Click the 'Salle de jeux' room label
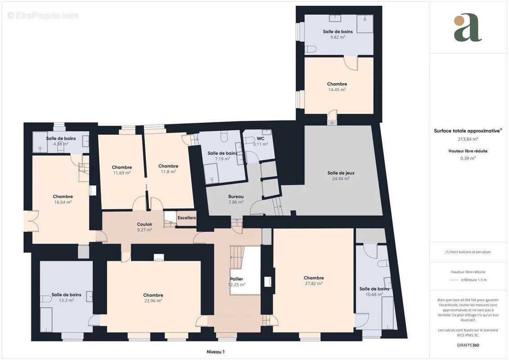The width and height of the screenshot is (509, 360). click(x=338, y=173)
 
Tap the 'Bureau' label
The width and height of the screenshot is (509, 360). click(x=236, y=197)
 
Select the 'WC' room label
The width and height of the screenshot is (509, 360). click(x=260, y=139)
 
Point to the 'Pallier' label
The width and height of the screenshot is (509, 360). click(x=236, y=279)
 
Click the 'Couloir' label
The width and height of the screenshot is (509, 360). click(x=144, y=224)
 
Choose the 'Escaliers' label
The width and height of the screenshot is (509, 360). click(x=186, y=218)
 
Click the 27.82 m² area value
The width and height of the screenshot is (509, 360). click(x=314, y=283)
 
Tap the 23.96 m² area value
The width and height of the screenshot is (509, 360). click(x=153, y=301)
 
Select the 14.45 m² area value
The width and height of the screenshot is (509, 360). click(x=337, y=90)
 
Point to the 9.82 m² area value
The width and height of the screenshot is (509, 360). click(x=338, y=37)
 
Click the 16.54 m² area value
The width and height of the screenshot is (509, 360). click(x=63, y=202)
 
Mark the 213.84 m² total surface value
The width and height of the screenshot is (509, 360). click(x=468, y=139)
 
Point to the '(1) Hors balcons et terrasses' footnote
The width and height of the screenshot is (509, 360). click(x=468, y=252)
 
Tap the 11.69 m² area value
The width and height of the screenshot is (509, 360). click(x=122, y=172)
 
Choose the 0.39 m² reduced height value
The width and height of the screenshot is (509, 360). click(x=468, y=158)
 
